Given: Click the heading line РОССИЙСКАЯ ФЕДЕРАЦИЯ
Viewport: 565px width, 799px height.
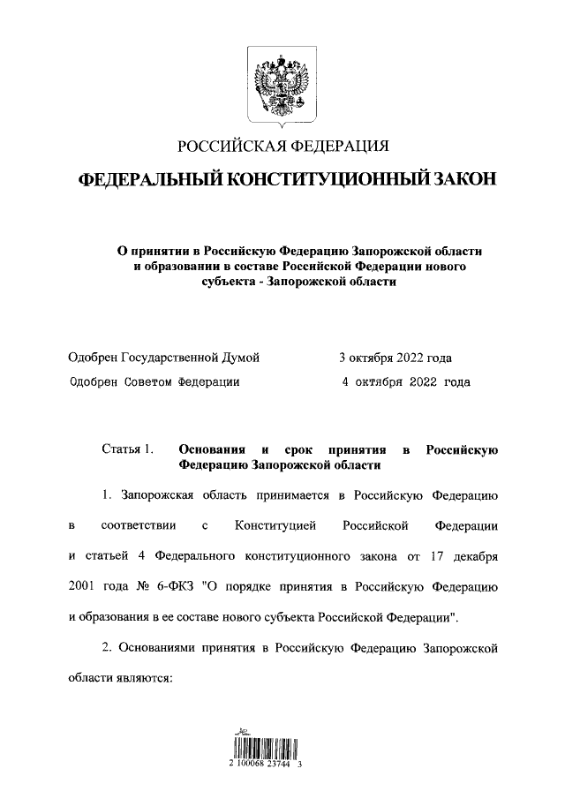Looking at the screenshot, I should pyautogui.click(x=282, y=147).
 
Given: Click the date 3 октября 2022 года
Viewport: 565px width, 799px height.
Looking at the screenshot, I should pyautogui.click(x=395, y=358).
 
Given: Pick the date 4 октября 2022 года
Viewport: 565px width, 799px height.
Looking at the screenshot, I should pyautogui.click(x=405, y=382).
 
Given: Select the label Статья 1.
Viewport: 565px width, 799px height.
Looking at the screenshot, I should pyautogui.click(x=128, y=449).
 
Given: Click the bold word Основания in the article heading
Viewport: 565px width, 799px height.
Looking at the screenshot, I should pyautogui.click(x=212, y=449).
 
